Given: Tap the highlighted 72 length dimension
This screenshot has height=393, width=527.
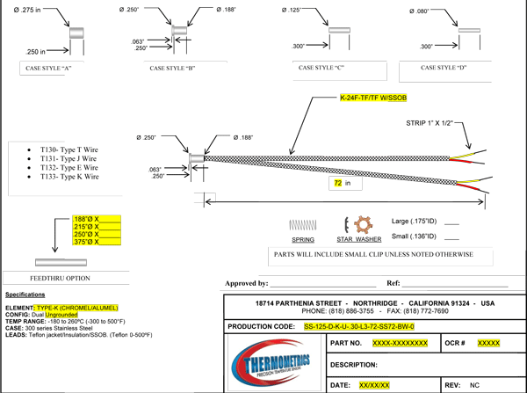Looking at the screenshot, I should coord(336,184).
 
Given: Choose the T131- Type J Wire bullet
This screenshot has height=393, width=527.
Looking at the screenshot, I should coord(62,159).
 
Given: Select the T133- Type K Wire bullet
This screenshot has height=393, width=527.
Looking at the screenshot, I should coord(62,177).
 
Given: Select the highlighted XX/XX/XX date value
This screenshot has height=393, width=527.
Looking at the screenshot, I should coord(375,384).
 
